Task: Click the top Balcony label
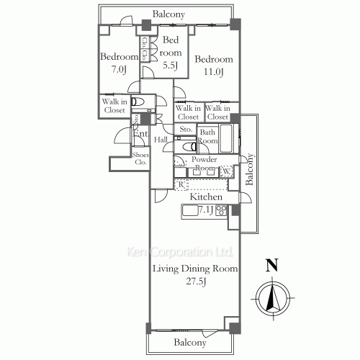(x=169, y=14)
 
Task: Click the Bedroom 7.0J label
(x=119, y=63)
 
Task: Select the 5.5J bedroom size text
(x=170, y=65)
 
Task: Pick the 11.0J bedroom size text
(x=214, y=71)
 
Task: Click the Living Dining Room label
(x=194, y=269)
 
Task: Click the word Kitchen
(x=205, y=197)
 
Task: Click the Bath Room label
(x=208, y=137)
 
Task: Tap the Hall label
(x=161, y=140)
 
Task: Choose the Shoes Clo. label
(x=140, y=158)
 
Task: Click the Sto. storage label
(x=185, y=130)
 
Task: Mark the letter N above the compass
(x=271, y=265)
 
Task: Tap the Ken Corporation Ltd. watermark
(x=180, y=253)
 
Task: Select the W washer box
(x=225, y=171)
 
